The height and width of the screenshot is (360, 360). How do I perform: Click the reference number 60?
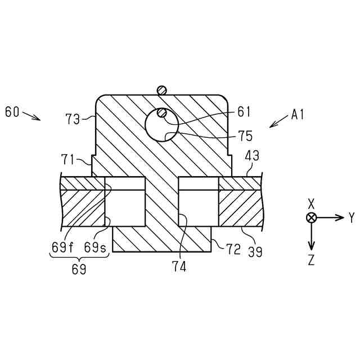12,112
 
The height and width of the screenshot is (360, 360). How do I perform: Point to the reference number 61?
244,112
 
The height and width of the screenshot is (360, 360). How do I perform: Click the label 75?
245,136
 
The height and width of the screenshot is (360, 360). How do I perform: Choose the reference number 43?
252,157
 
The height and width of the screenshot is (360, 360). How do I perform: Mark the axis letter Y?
352,218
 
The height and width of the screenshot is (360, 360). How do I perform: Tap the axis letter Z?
311,260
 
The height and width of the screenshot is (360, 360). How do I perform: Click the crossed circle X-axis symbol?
311,218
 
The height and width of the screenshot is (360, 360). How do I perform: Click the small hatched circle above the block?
162,89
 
